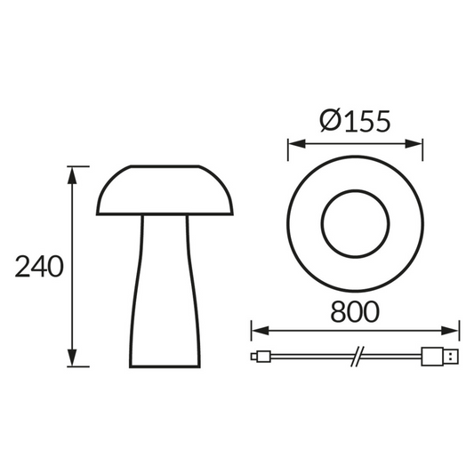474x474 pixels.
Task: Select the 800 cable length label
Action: coord(355,311)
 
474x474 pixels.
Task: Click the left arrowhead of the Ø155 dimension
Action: coord(293,144)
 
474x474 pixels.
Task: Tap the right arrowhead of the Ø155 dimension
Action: coord(418,144)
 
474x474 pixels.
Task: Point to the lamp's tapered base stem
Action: coord(166,293)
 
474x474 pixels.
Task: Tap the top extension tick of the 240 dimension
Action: coord(78,166)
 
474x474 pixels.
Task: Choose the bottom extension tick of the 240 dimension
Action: coord(78,366)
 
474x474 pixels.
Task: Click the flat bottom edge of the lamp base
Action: coord(166,366)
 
